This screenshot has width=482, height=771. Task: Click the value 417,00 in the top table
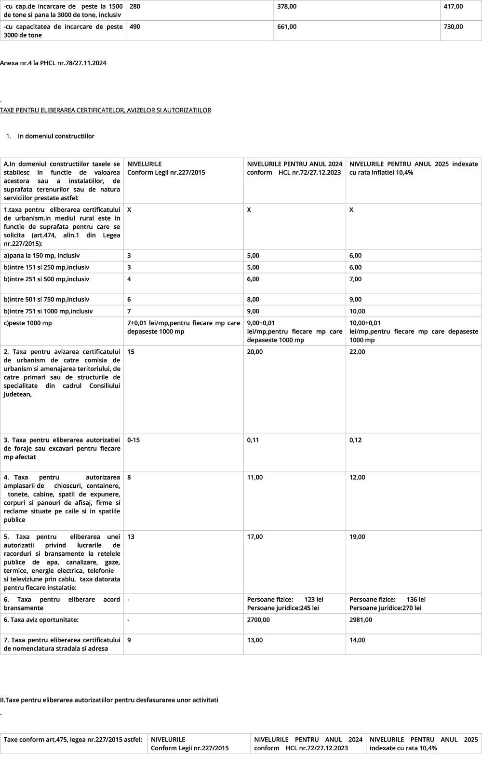pos(453,6)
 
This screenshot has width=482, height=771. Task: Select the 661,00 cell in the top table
pos(287,27)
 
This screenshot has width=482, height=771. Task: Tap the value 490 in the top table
pos(135,27)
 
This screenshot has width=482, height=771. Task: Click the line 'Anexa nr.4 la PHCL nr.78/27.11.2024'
pos(53,63)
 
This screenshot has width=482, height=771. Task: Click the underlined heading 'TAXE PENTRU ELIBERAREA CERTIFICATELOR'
pos(105,110)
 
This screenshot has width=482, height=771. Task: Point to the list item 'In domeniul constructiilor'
pos(56,136)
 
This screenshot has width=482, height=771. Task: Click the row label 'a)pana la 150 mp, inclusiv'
pos(41,255)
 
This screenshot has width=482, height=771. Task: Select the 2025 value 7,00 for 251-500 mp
pos(355,279)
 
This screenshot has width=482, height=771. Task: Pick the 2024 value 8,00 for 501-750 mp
pos(253,299)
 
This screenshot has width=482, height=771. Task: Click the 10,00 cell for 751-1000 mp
pos(357,311)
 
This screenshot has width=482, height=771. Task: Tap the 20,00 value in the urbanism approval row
pos(255,352)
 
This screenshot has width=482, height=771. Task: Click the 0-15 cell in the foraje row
pos(134,440)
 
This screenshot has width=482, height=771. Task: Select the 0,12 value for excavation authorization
pos(355,440)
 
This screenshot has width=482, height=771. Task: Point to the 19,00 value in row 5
pos(357,537)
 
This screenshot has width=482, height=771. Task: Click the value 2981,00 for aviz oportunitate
pos(361,620)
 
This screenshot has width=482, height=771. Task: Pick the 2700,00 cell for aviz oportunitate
pos(258,620)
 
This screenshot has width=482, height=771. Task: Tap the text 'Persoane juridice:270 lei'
pos(385,608)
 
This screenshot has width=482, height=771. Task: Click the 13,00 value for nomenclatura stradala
pos(255,640)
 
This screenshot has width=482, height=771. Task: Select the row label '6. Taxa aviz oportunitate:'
pos(41,620)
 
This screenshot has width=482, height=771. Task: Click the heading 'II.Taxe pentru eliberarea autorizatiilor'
pos(109,700)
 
